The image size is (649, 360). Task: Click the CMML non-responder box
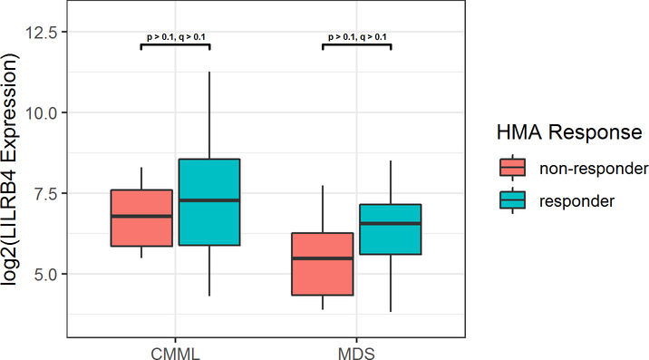pos(141,218)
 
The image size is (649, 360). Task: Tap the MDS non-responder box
pos(322,264)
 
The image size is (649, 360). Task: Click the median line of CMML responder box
pos(209,199)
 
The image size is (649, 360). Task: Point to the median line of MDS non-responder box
pos(322,258)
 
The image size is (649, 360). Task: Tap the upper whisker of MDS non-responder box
pos(322,209)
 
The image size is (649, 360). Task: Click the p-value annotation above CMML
pos(176,37)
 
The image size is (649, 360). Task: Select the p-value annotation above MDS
pos(356,37)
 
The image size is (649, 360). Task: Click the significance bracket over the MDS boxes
pos(356,44)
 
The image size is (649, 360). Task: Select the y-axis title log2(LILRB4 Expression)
pos(13,172)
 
